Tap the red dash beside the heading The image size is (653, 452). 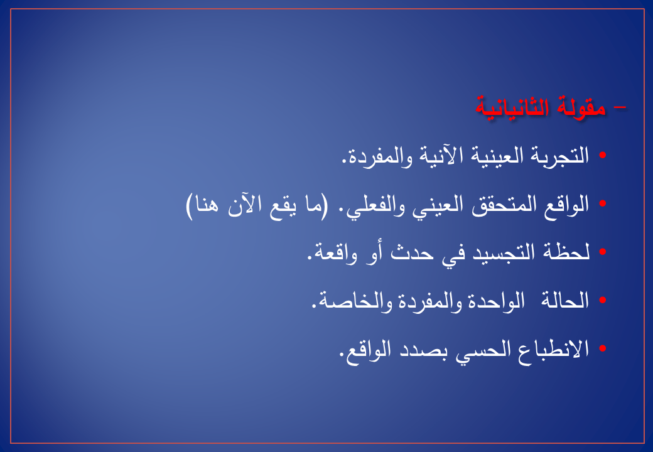[620, 107]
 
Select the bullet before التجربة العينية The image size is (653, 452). [602, 155]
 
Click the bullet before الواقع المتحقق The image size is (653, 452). [602, 203]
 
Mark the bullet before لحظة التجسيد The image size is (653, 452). [602, 252]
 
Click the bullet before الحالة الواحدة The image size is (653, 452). [602, 300]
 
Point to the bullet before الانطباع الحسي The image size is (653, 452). [602, 348]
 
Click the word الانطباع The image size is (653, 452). [553, 349]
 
